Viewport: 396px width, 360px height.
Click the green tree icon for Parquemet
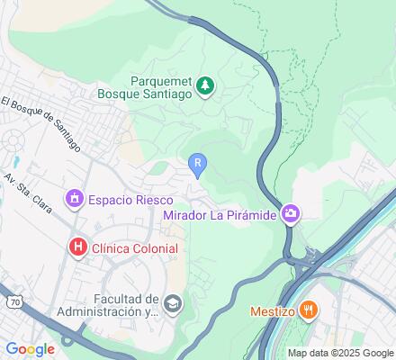[x=206, y=85]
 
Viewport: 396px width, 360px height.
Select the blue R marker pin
[x=197, y=164]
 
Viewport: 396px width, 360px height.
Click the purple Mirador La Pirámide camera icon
[x=291, y=213]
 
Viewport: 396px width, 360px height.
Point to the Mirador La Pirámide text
[x=220, y=214]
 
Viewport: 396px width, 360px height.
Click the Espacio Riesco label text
[x=125, y=198]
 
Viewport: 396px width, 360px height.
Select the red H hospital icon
[x=79, y=246]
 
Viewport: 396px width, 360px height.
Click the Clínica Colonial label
[x=133, y=246]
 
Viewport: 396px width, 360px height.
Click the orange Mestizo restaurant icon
[x=309, y=310]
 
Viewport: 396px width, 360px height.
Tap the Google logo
[x=30, y=349]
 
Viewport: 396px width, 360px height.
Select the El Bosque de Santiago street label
[x=40, y=124]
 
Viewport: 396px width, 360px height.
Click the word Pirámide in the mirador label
[x=251, y=214]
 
